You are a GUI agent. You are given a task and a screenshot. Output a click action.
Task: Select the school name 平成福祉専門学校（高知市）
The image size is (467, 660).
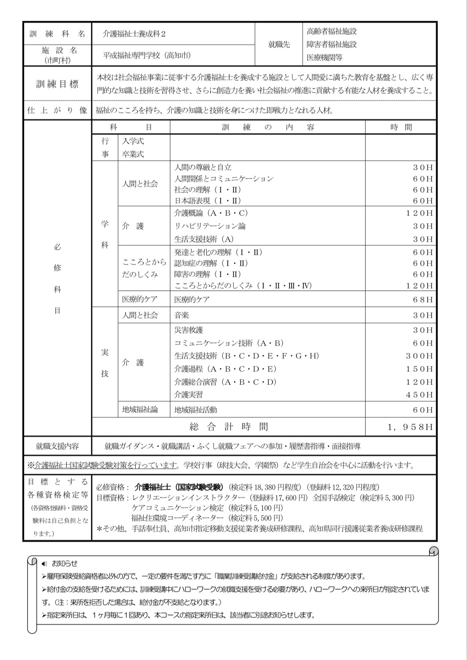147,55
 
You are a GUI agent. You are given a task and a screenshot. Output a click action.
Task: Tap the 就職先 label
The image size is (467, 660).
279,44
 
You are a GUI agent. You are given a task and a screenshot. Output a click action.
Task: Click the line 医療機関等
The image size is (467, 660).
325,57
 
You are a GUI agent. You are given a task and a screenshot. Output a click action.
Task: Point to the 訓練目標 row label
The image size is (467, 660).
57,84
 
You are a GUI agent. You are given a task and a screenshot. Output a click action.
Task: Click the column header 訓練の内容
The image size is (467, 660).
268,127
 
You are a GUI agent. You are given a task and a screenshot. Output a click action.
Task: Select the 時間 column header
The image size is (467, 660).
401,127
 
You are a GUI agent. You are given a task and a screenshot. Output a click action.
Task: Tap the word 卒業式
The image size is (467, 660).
133,154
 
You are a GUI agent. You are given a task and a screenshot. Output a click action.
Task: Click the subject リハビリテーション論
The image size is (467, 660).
210,226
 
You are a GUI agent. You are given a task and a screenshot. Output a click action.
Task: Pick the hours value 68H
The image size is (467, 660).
423,300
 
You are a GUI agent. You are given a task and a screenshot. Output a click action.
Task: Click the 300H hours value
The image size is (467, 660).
420,356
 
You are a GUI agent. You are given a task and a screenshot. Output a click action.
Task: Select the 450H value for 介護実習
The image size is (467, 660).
420,395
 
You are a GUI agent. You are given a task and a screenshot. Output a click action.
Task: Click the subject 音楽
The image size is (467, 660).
182,315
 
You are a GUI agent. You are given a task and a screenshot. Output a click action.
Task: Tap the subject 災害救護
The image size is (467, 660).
188,330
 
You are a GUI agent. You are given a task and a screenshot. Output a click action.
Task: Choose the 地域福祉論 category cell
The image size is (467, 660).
140,409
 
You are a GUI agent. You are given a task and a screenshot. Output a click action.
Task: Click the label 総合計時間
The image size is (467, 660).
229,427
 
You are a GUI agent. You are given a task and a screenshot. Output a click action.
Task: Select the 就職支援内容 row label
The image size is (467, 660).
57,446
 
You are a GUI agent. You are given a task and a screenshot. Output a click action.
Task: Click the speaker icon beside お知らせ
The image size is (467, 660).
45,564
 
